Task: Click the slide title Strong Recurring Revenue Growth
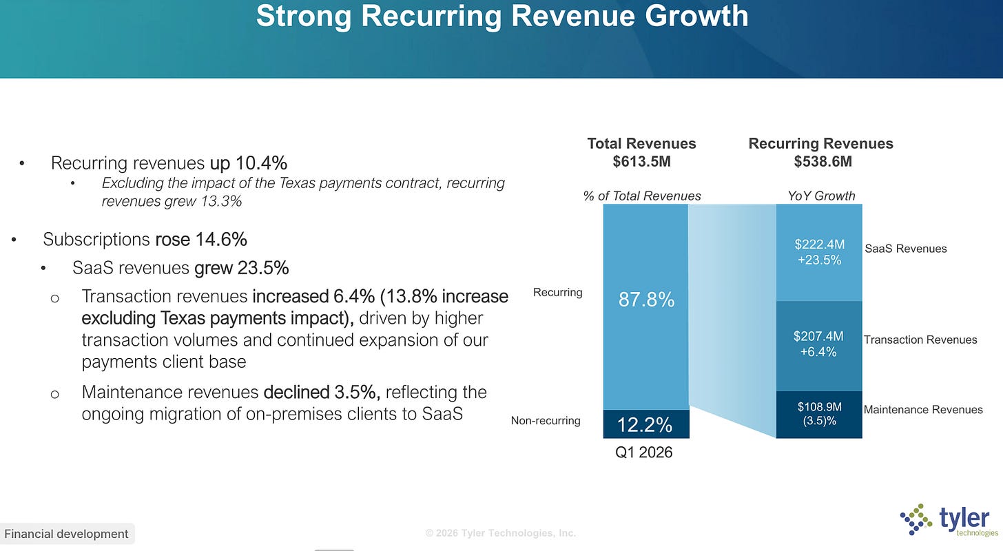tap(502, 16)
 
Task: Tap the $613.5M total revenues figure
tap(641, 161)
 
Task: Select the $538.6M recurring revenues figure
tap(823, 161)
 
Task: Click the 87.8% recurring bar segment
tap(645, 307)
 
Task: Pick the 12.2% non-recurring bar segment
tap(645, 424)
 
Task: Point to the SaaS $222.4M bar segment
tap(819, 253)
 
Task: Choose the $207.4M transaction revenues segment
tap(819, 346)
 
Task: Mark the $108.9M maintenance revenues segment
tap(819, 415)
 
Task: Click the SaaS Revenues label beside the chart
tap(905, 249)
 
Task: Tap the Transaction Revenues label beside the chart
tap(920, 340)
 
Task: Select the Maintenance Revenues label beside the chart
tap(923, 410)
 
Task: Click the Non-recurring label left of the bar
tap(546, 421)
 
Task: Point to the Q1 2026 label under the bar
tap(643, 453)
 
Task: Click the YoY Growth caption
tap(821, 196)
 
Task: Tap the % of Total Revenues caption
tap(641, 196)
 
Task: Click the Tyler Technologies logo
tap(949, 520)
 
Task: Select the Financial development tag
tap(66, 534)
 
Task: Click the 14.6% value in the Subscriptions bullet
tap(220, 240)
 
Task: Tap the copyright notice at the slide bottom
tap(500, 533)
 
